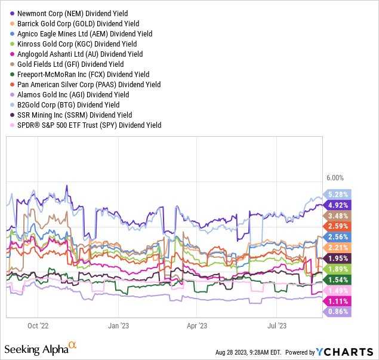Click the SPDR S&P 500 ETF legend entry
[x=90, y=125]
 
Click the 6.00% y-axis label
[x=336, y=178]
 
